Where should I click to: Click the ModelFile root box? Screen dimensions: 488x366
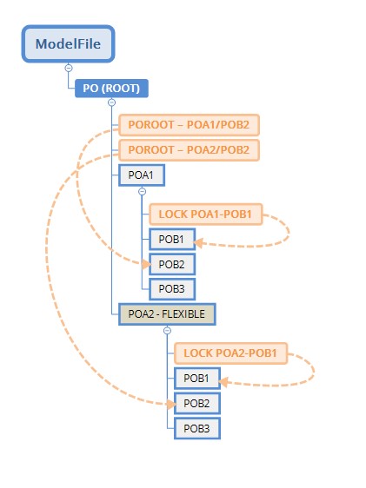click(x=68, y=43)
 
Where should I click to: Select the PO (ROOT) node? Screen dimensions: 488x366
click(x=112, y=88)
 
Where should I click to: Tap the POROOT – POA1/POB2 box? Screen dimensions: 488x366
click(x=190, y=125)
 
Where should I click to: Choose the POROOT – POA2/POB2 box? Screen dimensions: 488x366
click(x=190, y=150)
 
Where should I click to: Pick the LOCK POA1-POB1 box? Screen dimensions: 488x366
click(x=205, y=213)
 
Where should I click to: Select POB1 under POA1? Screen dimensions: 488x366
click(x=170, y=239)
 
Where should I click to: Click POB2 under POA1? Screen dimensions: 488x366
click(x=170, y=264)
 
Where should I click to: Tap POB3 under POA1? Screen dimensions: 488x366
click(x=170, y=288)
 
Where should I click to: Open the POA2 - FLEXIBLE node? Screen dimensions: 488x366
click(x=167, y=314)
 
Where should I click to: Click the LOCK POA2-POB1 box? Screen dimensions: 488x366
click(x=230, y=353)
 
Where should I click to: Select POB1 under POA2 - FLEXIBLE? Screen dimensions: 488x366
click(x=196, y=379)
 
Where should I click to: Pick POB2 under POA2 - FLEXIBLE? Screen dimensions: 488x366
click(x=196, y=404)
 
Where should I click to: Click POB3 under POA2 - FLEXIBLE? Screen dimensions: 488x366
click(x=196, y=428)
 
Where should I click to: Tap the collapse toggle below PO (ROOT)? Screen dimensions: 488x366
click(x=111, y=102)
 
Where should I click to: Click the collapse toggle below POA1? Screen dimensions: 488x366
click(x=143, y=191)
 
